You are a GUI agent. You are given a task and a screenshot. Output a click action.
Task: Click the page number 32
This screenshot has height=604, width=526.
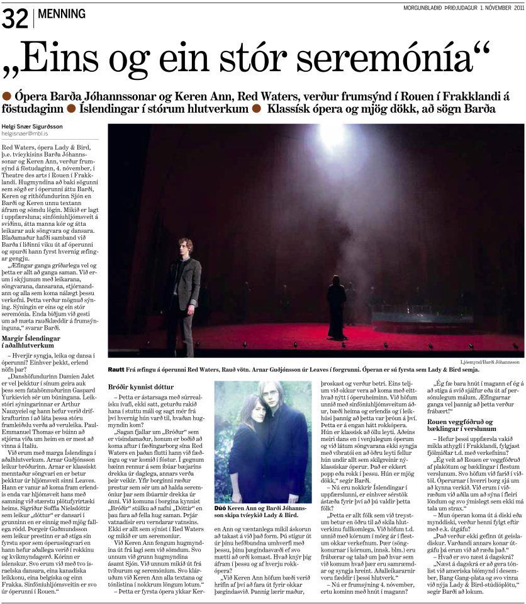pos(15,19)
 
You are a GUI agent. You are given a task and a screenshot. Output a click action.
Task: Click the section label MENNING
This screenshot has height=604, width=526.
pos(62,13)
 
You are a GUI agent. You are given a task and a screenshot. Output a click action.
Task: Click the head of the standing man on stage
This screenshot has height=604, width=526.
pos(184,246)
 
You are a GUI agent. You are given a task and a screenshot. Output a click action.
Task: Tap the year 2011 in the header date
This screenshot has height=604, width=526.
pos(515,8)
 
